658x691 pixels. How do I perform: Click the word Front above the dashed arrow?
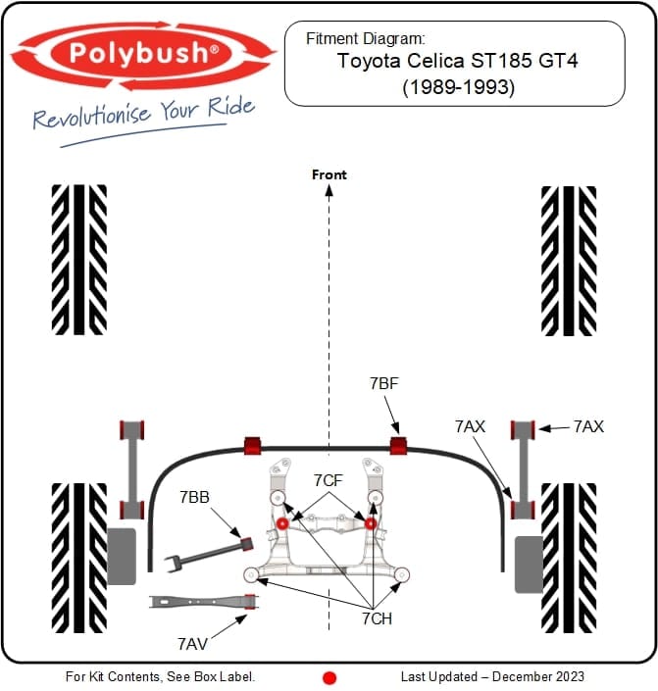click(x=329, y=174)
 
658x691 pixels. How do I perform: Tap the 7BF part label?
click(x=384, y=384)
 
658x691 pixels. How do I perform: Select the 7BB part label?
click(x=194, y=497)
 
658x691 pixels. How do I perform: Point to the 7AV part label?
click(x=192, y=644)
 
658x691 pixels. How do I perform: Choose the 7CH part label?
click(x=378, y=618)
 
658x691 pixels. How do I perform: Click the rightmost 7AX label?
click(x=588, y=426)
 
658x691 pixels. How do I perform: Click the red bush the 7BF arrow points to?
click(x=398, y=446)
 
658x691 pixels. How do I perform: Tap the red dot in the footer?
click(x=329, y=677)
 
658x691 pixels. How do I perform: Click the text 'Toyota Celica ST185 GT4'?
click(x=454, y=61)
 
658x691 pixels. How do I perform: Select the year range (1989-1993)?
click(x=454, y=86)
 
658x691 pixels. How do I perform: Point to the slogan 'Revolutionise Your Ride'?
click(x=143, y=115)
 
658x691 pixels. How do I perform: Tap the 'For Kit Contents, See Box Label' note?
click(x=161, y=676)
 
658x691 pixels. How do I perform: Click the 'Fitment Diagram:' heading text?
click(x=366, y=39)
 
